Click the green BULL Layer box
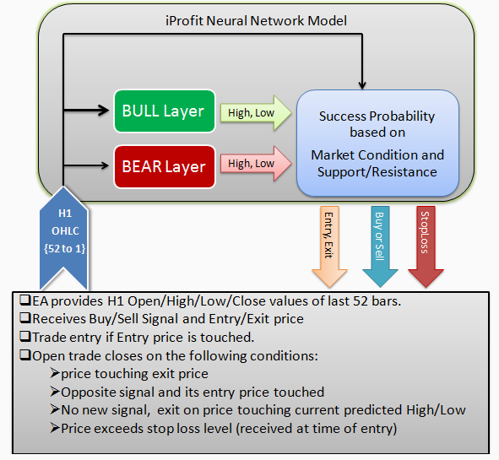165,111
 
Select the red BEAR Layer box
165,166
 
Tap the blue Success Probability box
377,143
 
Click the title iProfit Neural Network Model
256,21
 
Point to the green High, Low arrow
256,112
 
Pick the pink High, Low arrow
256,164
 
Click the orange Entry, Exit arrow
329,246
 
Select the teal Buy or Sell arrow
380,246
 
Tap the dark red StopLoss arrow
426,246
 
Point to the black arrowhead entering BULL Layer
104,111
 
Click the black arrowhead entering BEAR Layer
104,165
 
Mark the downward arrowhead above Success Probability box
362,84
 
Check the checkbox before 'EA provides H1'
25,300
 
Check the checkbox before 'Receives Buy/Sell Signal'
25,318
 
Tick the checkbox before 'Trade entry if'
25,336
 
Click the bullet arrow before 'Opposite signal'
55,392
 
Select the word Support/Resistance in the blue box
377,172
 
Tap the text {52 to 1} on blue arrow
65,248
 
